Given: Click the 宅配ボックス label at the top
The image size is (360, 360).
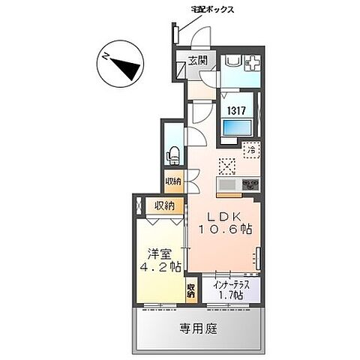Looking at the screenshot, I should [x=212, y=10].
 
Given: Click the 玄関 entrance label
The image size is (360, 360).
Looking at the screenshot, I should [x=197, y=61].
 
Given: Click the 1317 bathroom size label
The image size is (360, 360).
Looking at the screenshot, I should [x=238, y=109].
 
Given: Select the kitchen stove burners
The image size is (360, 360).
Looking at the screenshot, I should [x=250, y=184].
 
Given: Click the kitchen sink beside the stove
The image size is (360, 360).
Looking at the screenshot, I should [x=227, y=184].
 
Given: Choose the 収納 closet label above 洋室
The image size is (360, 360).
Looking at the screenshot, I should [x=165, y=205].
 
